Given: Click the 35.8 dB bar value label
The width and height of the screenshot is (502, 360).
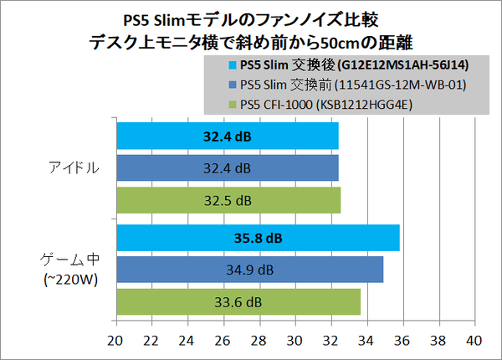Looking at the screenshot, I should pyautogui.click(x=259, y=238).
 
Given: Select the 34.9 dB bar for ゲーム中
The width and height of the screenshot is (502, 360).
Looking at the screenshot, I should pyautogui.click(x=249, y=270).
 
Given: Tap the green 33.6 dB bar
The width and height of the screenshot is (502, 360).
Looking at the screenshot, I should pyautogui.click(x=238, y=301).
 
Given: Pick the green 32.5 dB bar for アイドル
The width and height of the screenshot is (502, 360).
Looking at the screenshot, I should pyautogui.click(x=228, y=200).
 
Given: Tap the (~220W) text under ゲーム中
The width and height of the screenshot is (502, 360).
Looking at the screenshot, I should pyautogui.click(x=70, y=280).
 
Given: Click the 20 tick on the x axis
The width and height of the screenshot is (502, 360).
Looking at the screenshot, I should pyautogui.click(x=116, y=342).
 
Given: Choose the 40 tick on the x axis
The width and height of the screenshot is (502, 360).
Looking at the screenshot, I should pyautogui.click(x=474, y=342).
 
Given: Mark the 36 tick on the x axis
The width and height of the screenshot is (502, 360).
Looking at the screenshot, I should pyautogui.click(x=402, y=342).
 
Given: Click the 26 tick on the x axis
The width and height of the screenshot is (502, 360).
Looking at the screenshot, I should pyautogui.click(x=223, y=342).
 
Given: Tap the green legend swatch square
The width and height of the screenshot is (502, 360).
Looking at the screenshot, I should pyautogui.click(x=232, y=105).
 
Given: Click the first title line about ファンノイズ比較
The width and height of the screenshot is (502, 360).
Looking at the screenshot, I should pyautogui.click(x=251, y=18).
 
